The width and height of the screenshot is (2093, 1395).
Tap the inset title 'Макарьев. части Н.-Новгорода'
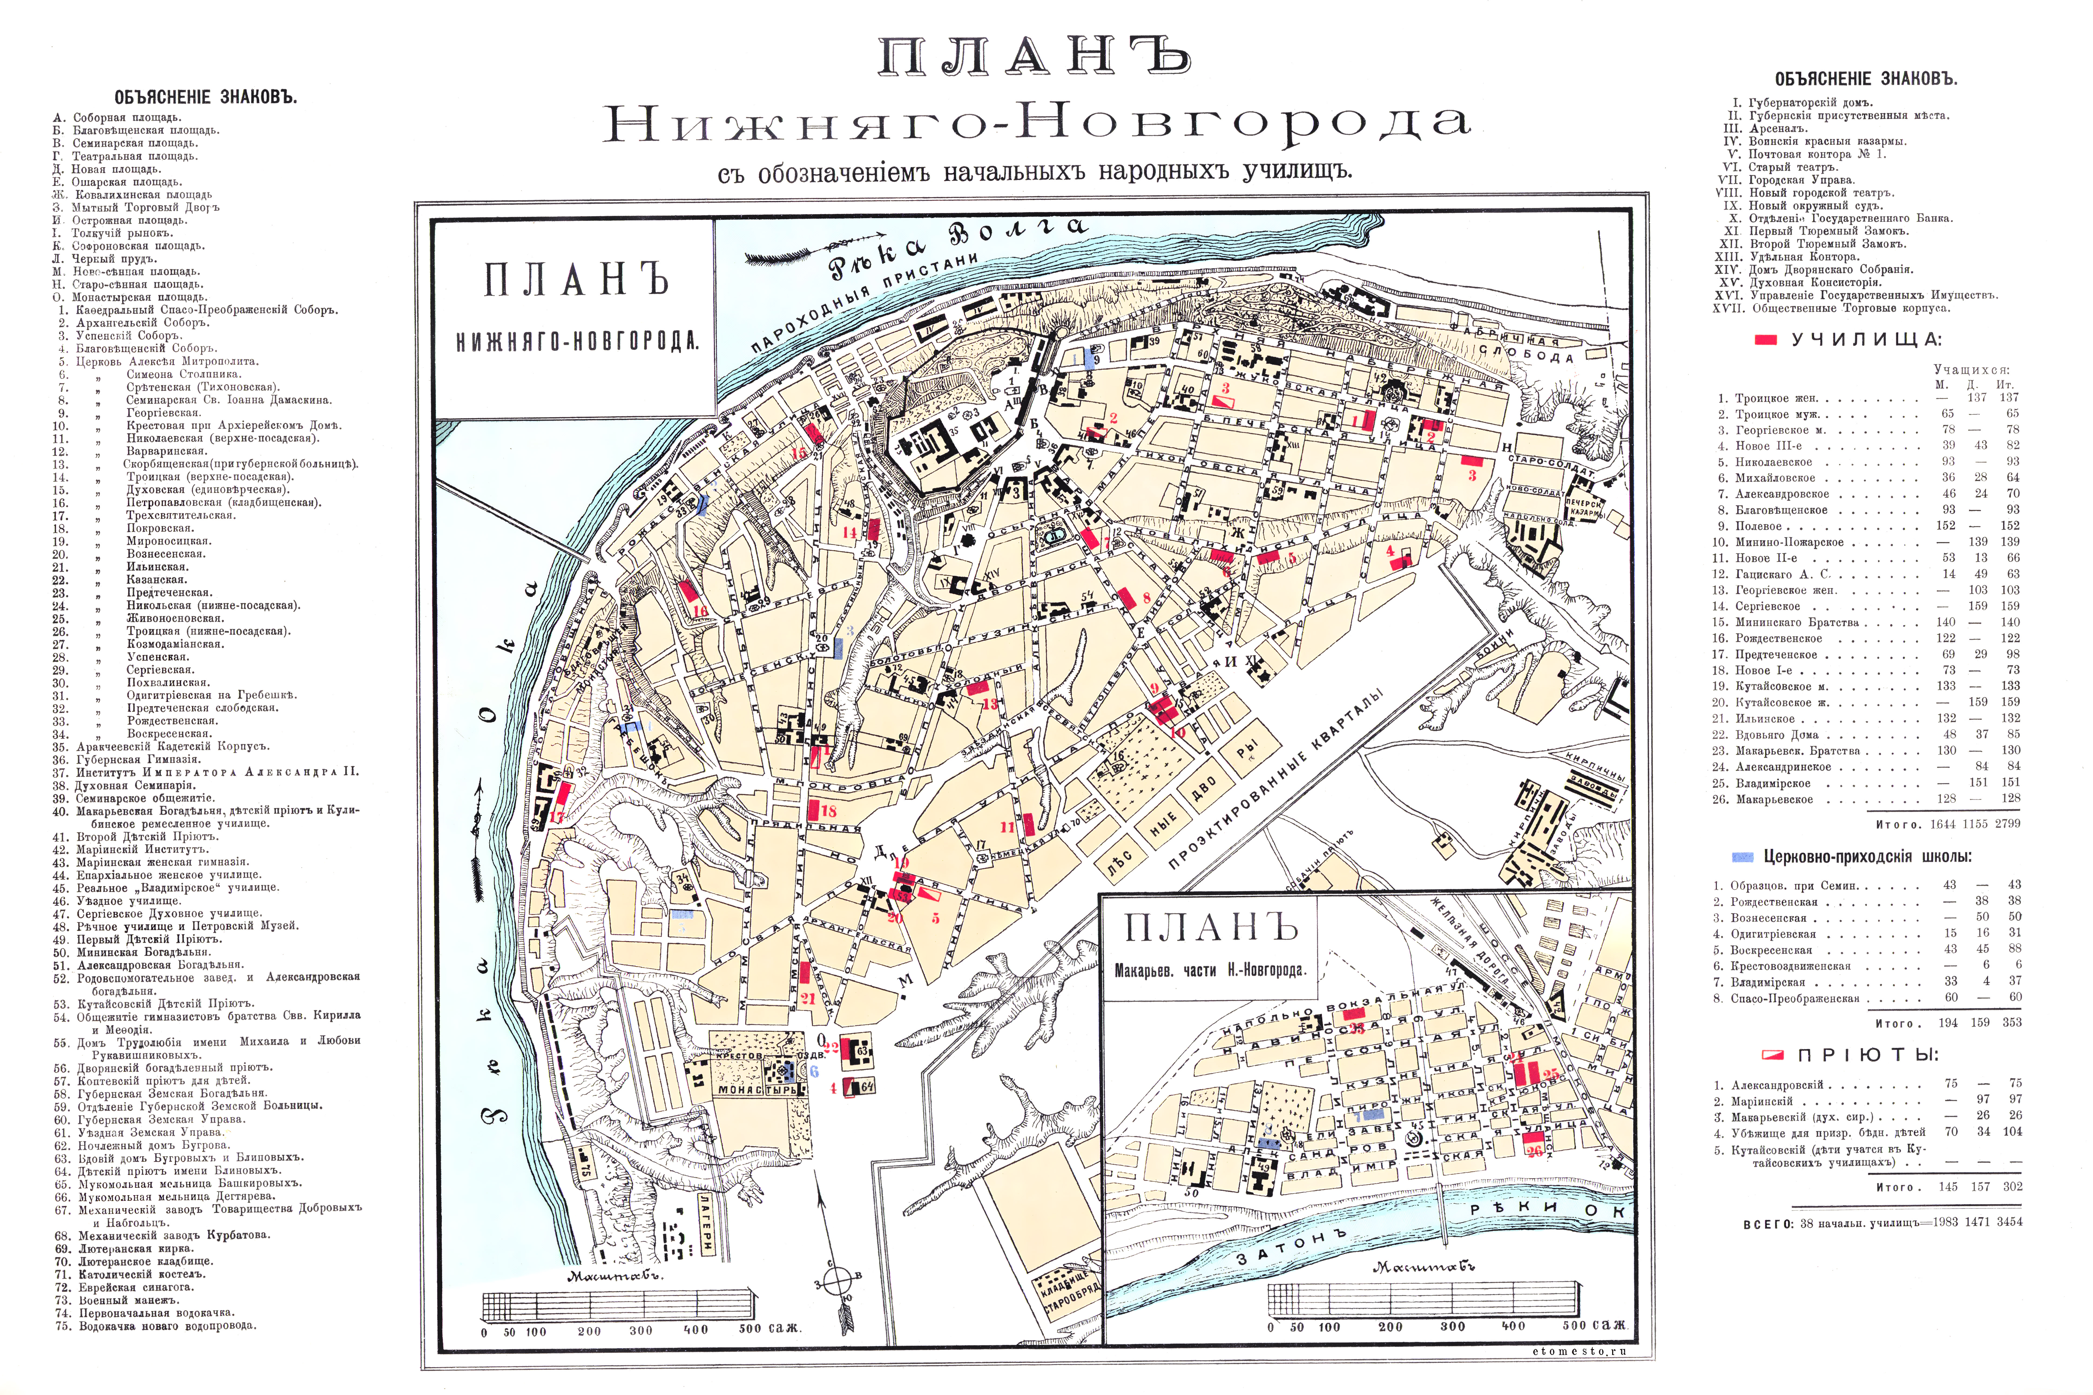pyautogui.click(x=1210, y=971)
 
